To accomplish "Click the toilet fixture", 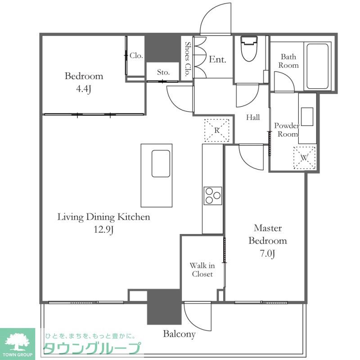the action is pyautogui.click(x=250, y=49).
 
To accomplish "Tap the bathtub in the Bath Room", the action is pyautogui.click(x=317, y=66).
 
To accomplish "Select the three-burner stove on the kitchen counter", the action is pyautogui.click(x=213, y=196).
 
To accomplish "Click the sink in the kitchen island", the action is pyautogui.click(x=161, y=163).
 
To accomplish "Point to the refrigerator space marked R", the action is pyautogui.click(x=217, y=130).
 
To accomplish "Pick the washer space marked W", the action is pyautogui.click(x=305, y=158).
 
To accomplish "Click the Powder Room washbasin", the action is pyautogui.click(x=307, y=117).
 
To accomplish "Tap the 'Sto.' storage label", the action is pyautogui.click(x=163, y=72).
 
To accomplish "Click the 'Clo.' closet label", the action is pyautogui.click(x=136, y=55).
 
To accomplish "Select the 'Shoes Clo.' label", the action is pyautogui.click(x=188, y=58).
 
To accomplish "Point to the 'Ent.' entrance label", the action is pyautogui.click(x=217, y=59).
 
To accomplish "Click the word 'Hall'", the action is pyautogui.click(x=253, y=117).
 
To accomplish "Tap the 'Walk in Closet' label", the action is pyautogui.click(x=202, y=270).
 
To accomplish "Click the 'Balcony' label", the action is pyautogui.click(x=179, y=334).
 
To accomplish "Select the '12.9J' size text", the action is pyautogui.click(x=103, y=229).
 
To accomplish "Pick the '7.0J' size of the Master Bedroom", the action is pyautogui.click(x=267, y=254).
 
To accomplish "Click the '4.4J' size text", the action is pyautogui.click(x=84, y=89).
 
